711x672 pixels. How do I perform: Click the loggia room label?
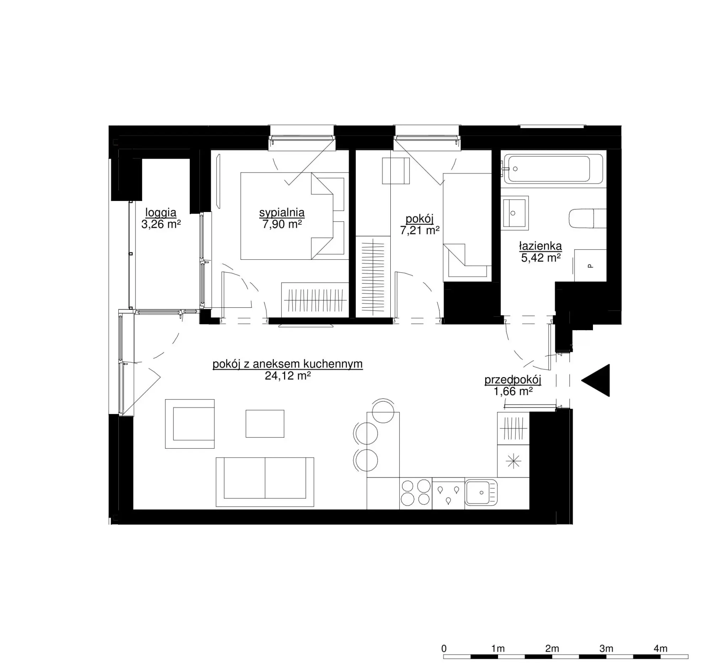coord(161,213)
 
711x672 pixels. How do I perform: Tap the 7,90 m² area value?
coord(282,224)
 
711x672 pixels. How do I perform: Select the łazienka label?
coord(541,246)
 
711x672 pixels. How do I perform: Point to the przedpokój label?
coord(513,380)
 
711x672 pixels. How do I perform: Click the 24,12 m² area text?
coord(288,376)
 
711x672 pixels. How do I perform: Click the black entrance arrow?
coord(596,380)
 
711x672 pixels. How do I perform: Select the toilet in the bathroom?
coord(588,218)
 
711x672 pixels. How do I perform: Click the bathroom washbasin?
coord(514,213)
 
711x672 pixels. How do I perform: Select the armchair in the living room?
coord(190,424)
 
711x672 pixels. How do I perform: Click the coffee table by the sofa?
coord(265,424)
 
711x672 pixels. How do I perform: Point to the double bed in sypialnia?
coord(294,216)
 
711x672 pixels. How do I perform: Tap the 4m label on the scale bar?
coord(661,649)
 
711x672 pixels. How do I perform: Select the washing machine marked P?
coord(590,265)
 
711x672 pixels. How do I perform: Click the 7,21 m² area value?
coord(419,230)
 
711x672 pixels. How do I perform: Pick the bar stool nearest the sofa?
coord(365,460)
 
